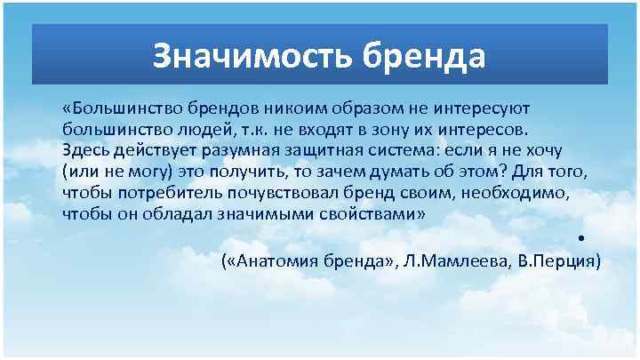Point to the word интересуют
(x=481, y=108)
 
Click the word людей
(x=198, y=129)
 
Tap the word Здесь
(x=85, y=150)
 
